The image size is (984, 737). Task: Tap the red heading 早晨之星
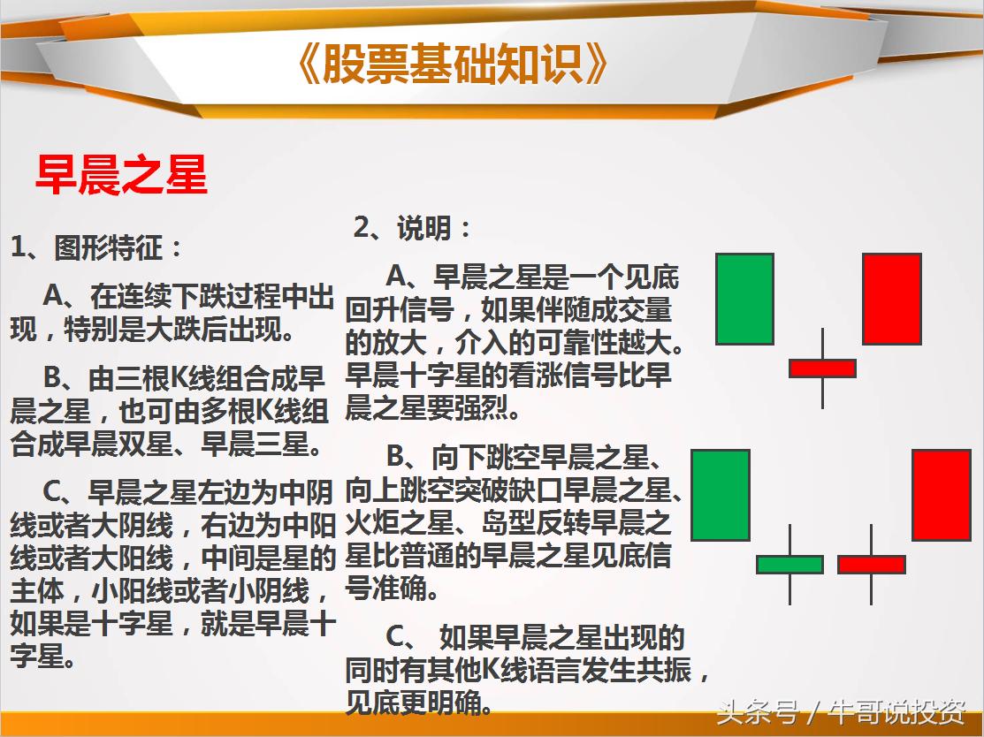121,174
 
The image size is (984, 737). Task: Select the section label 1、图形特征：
96,247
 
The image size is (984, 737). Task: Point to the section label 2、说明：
413,228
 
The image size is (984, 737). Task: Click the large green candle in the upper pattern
744,299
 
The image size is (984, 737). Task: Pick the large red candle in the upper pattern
891,299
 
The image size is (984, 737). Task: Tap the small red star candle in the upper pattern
822,368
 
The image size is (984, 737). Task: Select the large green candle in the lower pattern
720,495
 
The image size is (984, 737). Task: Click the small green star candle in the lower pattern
789,564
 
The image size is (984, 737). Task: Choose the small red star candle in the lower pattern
871,564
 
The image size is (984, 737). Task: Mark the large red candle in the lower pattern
941,495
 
